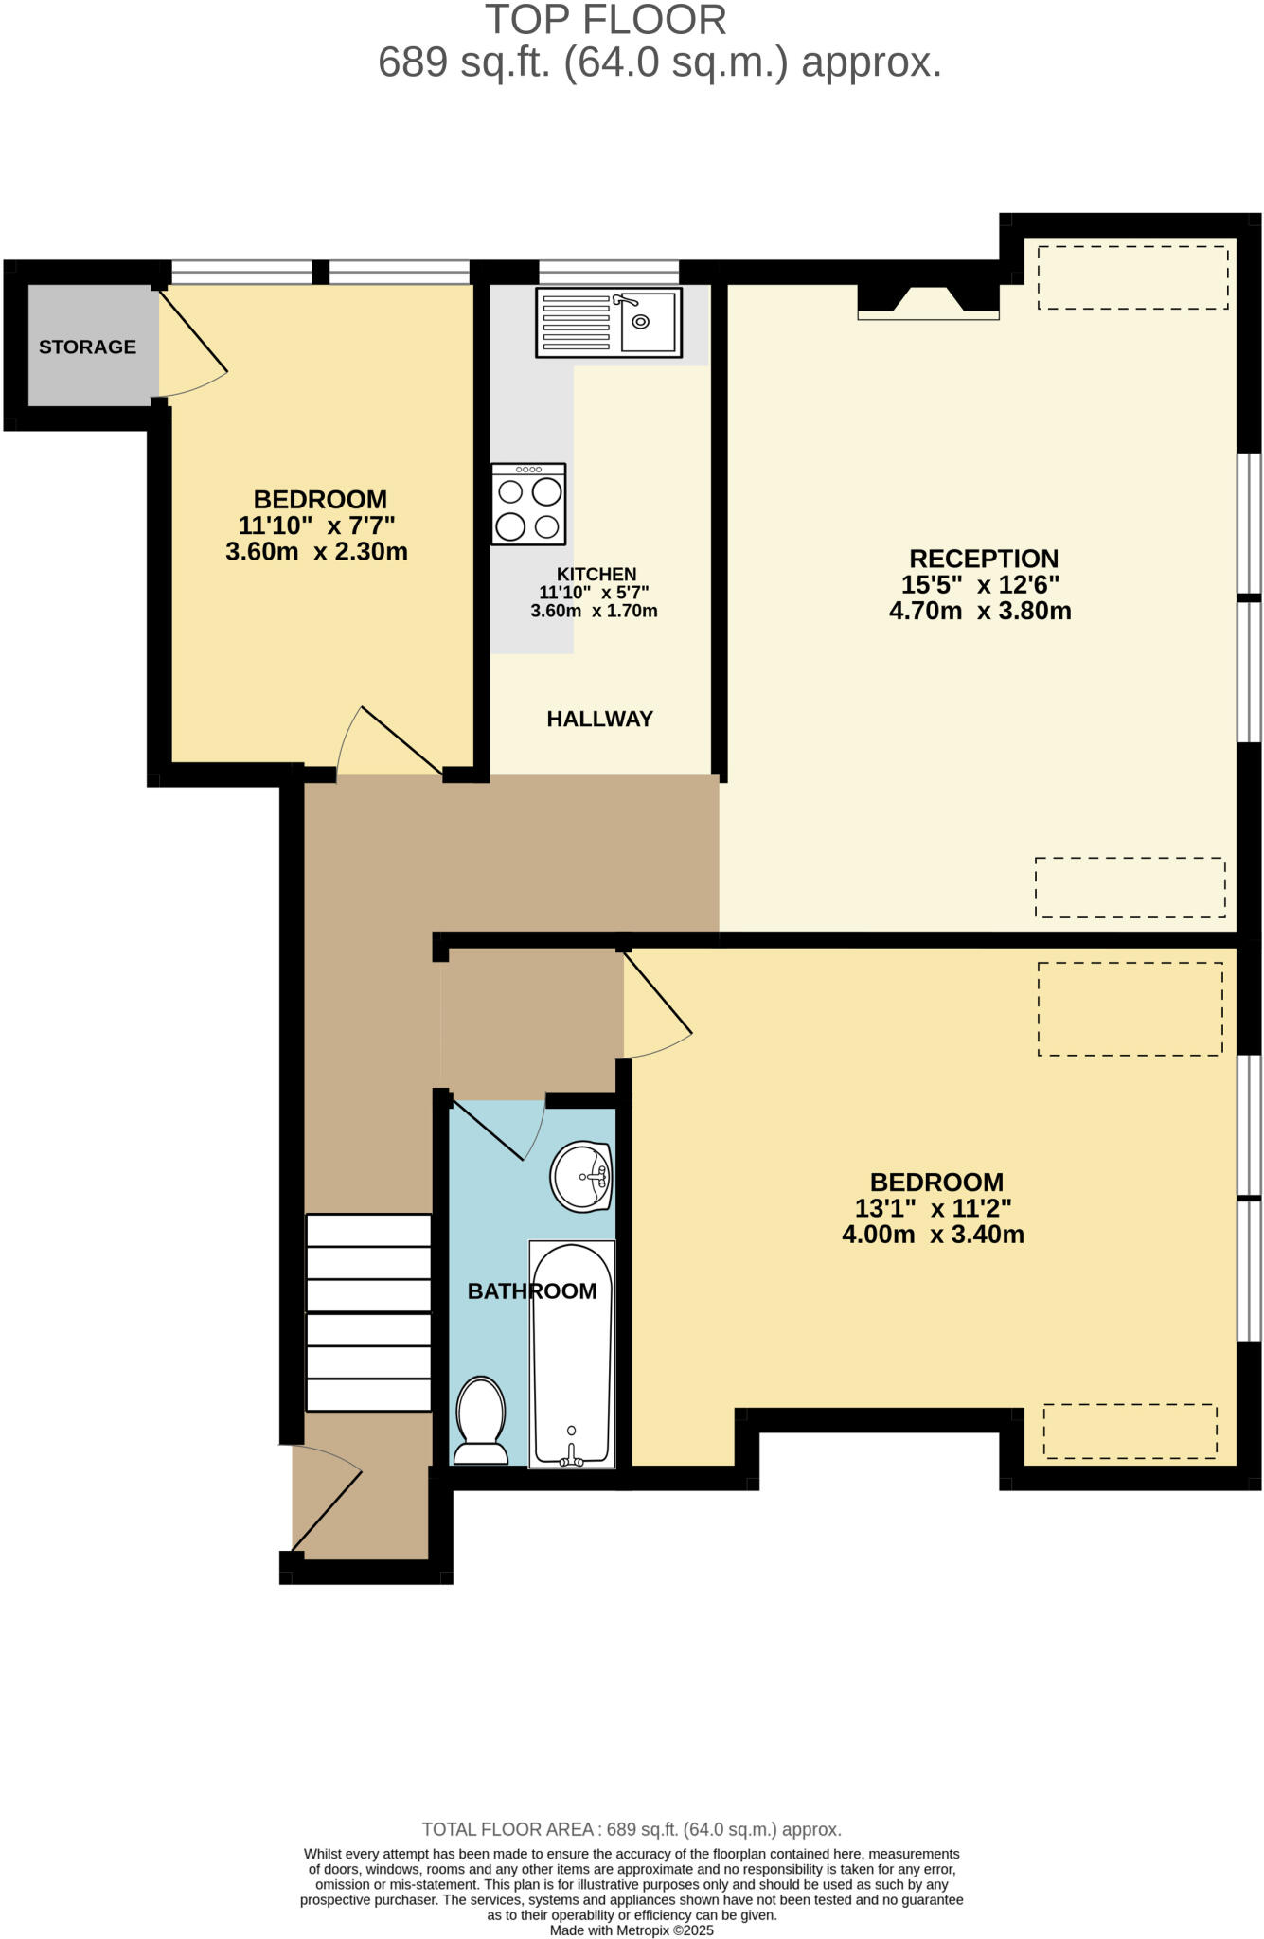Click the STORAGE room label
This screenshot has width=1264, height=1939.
87,347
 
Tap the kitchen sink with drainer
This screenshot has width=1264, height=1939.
608,323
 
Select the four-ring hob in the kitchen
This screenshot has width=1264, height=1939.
528,505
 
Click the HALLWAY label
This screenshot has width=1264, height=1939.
599,720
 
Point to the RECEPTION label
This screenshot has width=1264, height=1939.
983,559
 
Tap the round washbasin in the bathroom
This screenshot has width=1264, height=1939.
581,1178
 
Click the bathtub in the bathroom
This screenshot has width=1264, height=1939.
572,1354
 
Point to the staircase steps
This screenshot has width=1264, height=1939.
368,1312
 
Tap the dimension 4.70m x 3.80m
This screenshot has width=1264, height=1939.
980,612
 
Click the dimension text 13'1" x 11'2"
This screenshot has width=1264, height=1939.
933,1209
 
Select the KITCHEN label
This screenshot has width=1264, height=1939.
596,575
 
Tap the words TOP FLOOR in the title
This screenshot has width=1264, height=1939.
606,20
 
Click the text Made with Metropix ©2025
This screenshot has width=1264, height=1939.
632,1930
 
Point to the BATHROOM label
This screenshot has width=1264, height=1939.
532,1291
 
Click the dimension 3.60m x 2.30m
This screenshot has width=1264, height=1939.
316,552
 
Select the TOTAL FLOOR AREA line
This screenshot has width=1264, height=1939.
632,1829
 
